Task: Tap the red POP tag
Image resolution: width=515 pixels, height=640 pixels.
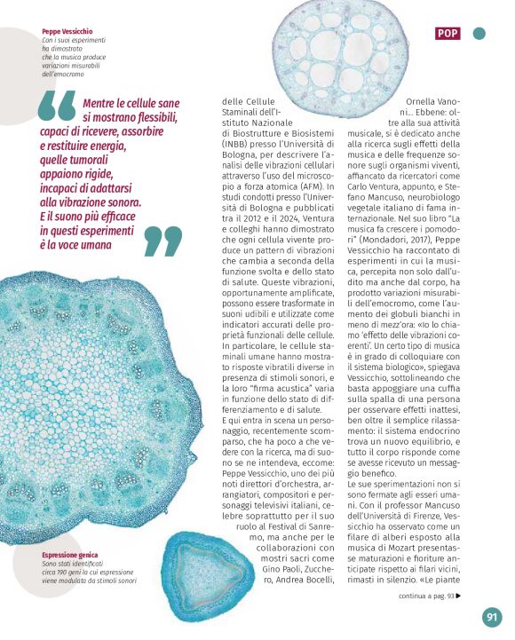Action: [x=448, y=34]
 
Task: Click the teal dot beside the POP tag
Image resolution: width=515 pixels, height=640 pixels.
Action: [x=479, y=34]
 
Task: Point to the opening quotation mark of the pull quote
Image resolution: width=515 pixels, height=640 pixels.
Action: [x=56, y=107]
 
